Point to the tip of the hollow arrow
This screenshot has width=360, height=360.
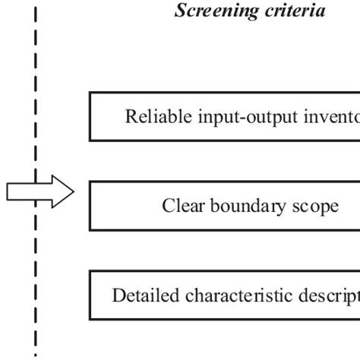pyautogui.click(x=74, y=193)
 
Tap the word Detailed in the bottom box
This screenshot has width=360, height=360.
pyautogui.click(x=140, y=295)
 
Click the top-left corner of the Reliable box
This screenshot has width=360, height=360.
pyautogui.click(x=90, y=93)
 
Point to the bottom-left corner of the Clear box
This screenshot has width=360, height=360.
pyautogui.click(x=90, y=229)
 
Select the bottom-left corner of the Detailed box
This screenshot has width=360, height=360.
pyautogui.click(x=90, y=319)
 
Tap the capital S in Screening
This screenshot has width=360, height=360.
pyautogui.click(x=180, y=11)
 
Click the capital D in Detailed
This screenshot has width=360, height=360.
pyautogui.click(x=118, y=295)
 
